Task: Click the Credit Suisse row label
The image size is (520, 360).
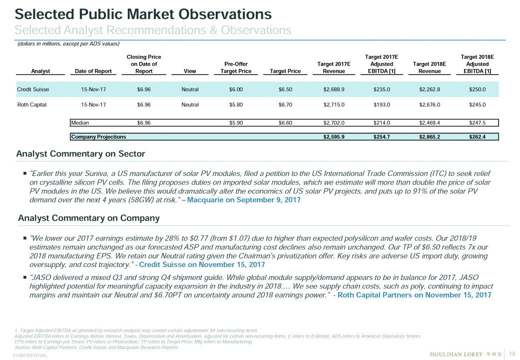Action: (33, 89)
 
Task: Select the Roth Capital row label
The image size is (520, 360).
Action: (32, 105)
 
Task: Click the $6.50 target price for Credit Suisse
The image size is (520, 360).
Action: (285, 89)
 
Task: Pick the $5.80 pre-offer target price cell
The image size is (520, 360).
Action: (236, 105)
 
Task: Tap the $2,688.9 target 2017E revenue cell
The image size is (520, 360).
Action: (334, 89)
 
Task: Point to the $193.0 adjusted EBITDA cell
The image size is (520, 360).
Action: (382, 105)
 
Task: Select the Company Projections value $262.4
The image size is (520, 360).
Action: (478, 136)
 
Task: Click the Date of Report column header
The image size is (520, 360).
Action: (93, 71)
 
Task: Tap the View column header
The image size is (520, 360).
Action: (190, 71)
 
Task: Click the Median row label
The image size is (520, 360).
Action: (80, 122)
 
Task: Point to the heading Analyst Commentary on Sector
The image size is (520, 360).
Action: (80, 153)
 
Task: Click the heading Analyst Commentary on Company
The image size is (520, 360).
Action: (88, 218)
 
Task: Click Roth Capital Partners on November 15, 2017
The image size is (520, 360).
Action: (414, 295)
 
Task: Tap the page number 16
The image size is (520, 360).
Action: (512, 354)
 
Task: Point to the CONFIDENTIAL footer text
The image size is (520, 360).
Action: (30, 355)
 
